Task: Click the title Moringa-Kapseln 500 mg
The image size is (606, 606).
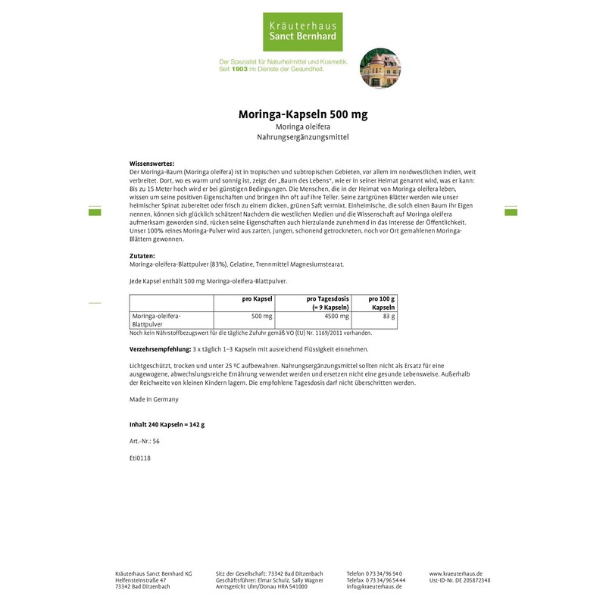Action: (x=303, y=114)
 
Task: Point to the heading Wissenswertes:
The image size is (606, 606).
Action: (x=152, y=164)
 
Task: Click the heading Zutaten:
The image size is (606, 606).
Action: (x=142, y=256)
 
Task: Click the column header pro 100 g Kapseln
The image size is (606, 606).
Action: (x=382, y=304)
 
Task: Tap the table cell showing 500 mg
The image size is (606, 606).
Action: (x=261, y=316)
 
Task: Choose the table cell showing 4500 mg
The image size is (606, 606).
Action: (x=336, y=316)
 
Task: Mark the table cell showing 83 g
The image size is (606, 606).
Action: (x=389, y=316)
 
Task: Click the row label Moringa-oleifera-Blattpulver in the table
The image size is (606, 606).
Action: (x=157, y=320)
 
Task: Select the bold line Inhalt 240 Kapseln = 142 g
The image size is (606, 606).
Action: (x=167, y=424)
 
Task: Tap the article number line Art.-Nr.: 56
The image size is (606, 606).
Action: (x=144, y=441)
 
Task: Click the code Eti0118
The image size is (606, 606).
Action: (x=140, y=458)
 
